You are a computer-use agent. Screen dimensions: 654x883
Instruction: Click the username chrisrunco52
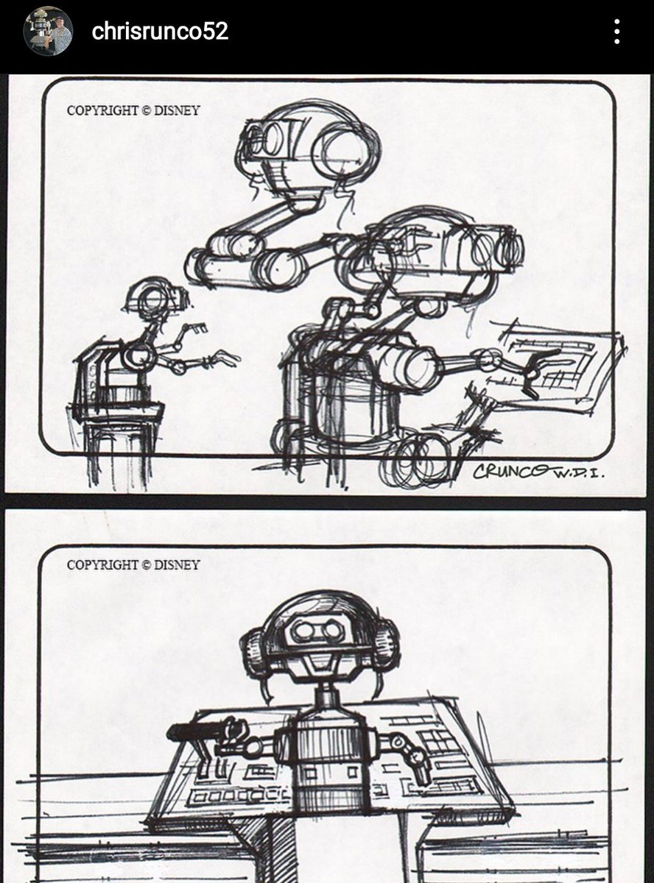click(160, 31)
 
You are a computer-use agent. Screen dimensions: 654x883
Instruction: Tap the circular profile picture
click(48, 31)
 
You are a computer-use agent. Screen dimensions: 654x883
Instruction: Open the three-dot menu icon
click(616, 32)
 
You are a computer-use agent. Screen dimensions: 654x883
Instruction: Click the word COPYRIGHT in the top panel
click(102, 110)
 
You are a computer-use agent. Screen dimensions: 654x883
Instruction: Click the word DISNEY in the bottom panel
click(176, 564)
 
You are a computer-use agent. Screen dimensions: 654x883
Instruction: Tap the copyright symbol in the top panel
click(146, 110)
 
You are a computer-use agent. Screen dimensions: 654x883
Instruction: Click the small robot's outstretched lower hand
click(223, 357)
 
